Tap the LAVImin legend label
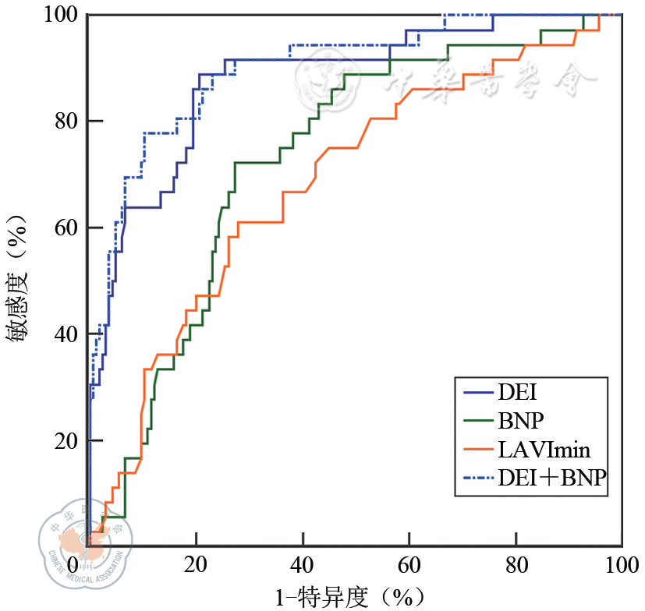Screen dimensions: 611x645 [x=543, y=450]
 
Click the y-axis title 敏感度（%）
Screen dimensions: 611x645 [x=19, y=281]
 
